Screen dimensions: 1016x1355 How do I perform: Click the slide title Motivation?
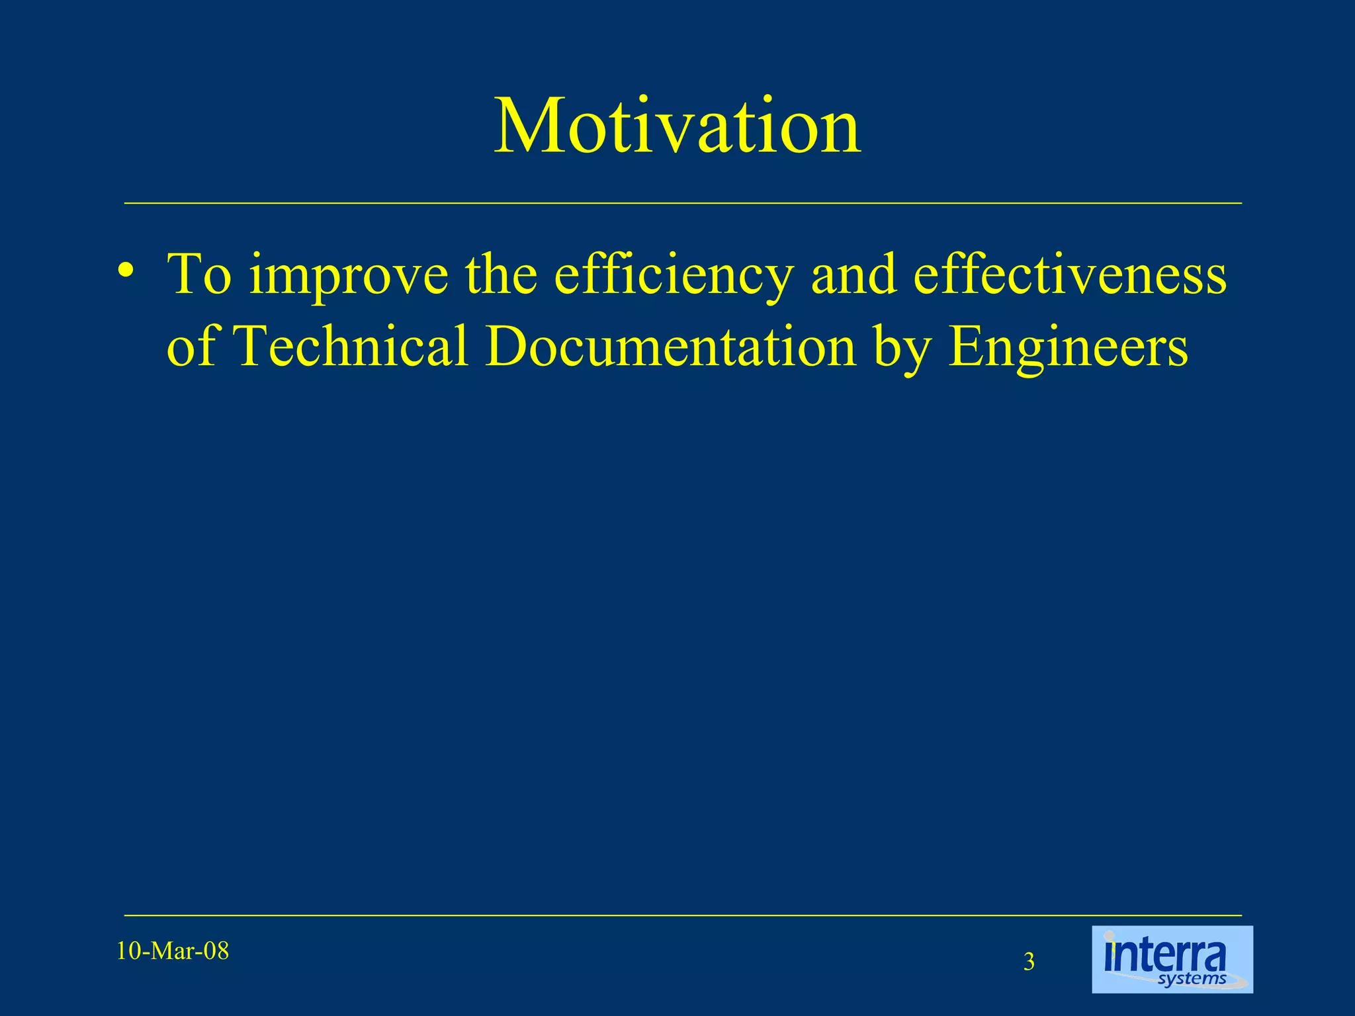(x=677, y=126)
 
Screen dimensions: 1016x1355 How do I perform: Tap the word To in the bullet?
(x=199, y=275)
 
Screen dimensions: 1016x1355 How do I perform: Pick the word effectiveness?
(x=1070, y=275)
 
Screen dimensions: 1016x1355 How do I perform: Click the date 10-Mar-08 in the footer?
(x=173, y=951)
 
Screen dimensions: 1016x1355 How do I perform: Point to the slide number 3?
(x=1029, y=962)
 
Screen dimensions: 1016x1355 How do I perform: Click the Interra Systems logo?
(x=1172, y=959)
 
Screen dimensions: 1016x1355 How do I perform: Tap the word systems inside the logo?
(x=1192, y=979)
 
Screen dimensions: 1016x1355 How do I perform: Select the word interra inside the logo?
(x=1165, y=955)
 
